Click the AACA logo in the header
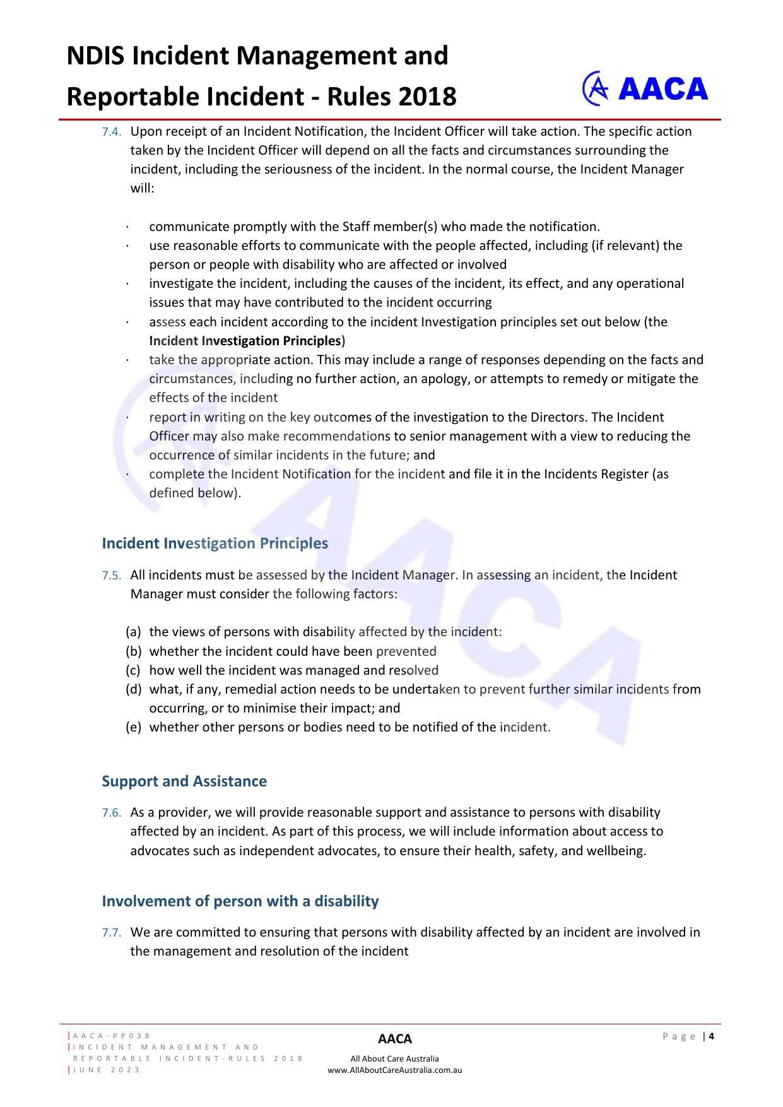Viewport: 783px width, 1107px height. (x=645, y=88)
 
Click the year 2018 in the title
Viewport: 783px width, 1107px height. (x=427, y=97)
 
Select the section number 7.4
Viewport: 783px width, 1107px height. (x=112, y=132)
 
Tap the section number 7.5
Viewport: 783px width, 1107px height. (x=112, y=576)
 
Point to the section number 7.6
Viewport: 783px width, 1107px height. (x=112, y=813)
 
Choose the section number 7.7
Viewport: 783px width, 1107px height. (x=112, y=933)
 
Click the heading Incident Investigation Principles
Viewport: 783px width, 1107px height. (x=215, y=543)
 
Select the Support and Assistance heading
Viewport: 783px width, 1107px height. (x=184, y=781)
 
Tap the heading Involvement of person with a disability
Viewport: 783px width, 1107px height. (x=240, y=901)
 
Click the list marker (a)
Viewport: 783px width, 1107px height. (x=133, y=632)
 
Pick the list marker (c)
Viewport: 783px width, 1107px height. (x=133, y=670)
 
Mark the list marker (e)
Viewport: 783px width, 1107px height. (x=133, y=727)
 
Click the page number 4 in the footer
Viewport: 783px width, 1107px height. (x=712, y=1036)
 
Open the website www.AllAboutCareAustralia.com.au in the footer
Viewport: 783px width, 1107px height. (x=395, y=1070)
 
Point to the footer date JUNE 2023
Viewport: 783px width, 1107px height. (x=107, y=1070)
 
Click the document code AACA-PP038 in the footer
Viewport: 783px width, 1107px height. (x=112, y=1036)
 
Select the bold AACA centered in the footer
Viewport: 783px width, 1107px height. (x=395, y=1039)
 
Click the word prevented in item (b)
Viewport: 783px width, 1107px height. (x=406, y=651)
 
